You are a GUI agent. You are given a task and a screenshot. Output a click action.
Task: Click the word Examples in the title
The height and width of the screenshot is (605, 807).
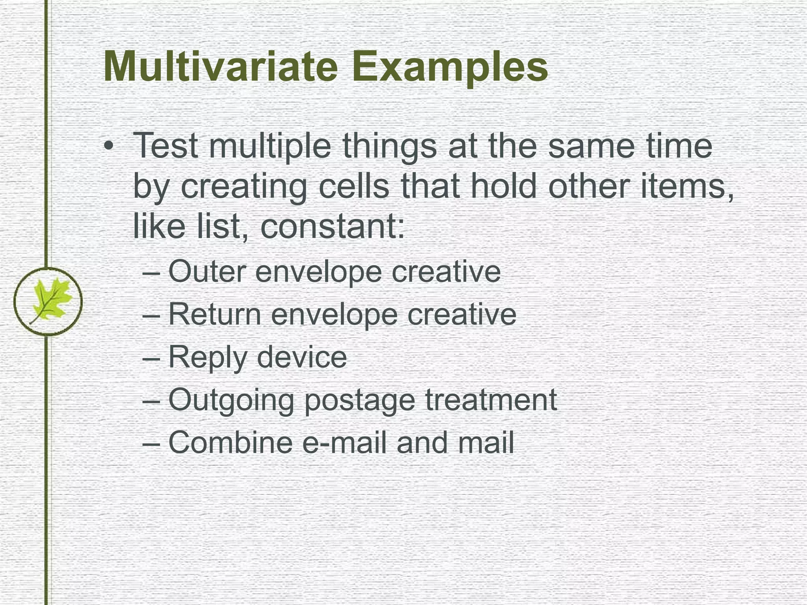pyautogui.click(x=450, y=67)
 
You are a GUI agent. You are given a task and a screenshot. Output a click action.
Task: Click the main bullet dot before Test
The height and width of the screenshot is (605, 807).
pyautogui.click(x=109, y=147)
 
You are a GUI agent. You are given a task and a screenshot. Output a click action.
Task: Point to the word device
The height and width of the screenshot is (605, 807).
pyautogui.click(x=301, y=357)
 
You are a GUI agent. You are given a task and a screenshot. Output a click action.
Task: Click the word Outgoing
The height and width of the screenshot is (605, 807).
pyautogui.click(x=231, y=400)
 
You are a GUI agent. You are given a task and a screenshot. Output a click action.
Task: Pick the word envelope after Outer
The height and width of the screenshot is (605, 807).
pyautogui.click(x=318, y=272)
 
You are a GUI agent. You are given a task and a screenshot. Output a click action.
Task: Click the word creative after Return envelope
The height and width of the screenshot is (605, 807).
pyautogui.click(x=461, y=314)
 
